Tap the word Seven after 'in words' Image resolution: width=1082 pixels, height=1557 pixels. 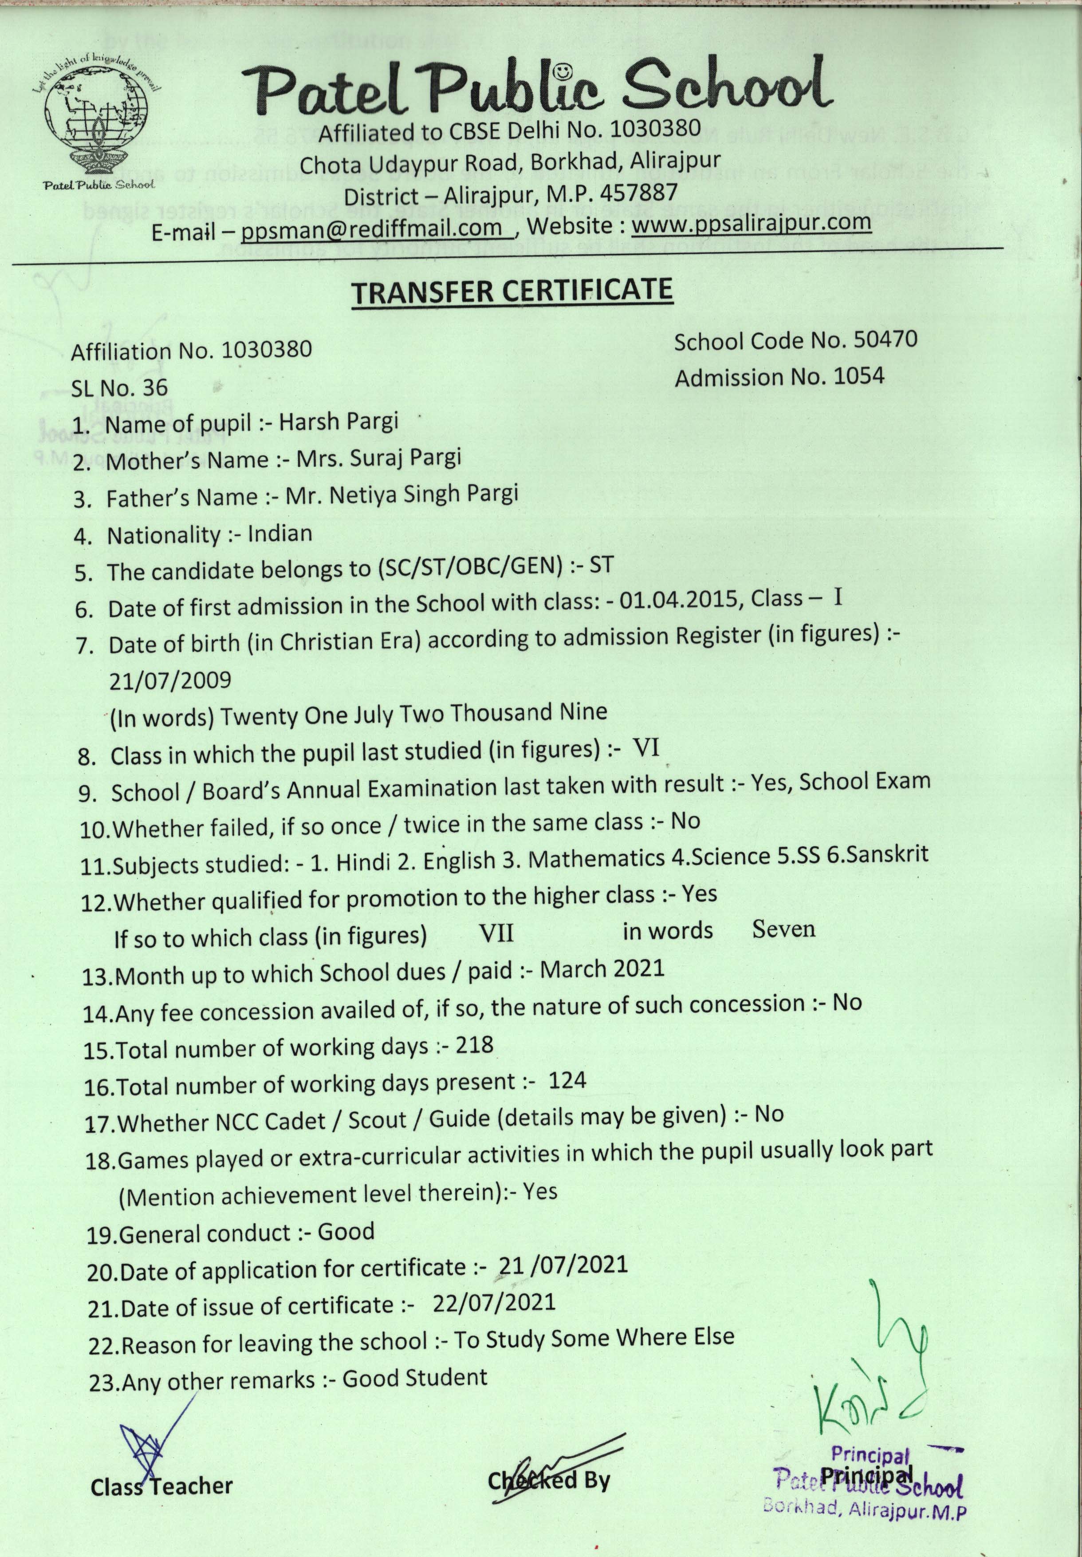[784, 929]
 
